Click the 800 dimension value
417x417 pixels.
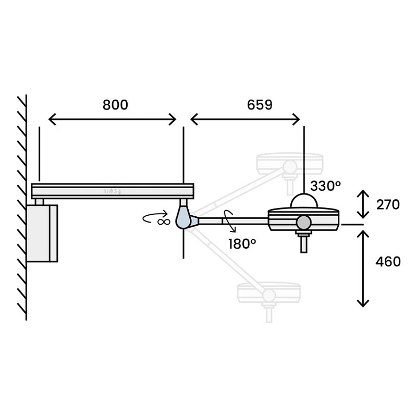(x=115, y=105)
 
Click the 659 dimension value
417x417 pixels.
(x=260, y=105)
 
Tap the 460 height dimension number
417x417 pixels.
(x=388, y=262)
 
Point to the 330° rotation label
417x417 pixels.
(x=326, y=185)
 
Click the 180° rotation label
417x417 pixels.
(x=242, y=243)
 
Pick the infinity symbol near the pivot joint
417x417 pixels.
(x=163, y=221)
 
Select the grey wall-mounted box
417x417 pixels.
(x=42, y=233)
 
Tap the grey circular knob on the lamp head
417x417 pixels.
(x=303, y=223)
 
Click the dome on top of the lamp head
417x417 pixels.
(x=304, y=201)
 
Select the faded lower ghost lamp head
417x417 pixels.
(x=268, y=293)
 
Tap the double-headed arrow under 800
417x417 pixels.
(x=113, y=120)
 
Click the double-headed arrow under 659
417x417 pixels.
(x=246, y=120)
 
